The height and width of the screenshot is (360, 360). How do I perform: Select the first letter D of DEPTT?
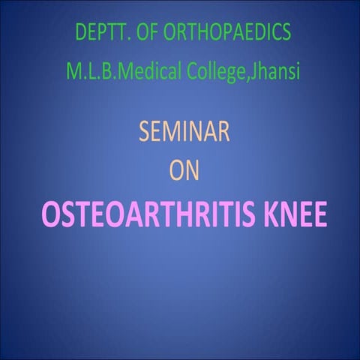[80, 34]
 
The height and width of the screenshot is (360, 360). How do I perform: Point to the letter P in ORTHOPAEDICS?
[226, 34]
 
